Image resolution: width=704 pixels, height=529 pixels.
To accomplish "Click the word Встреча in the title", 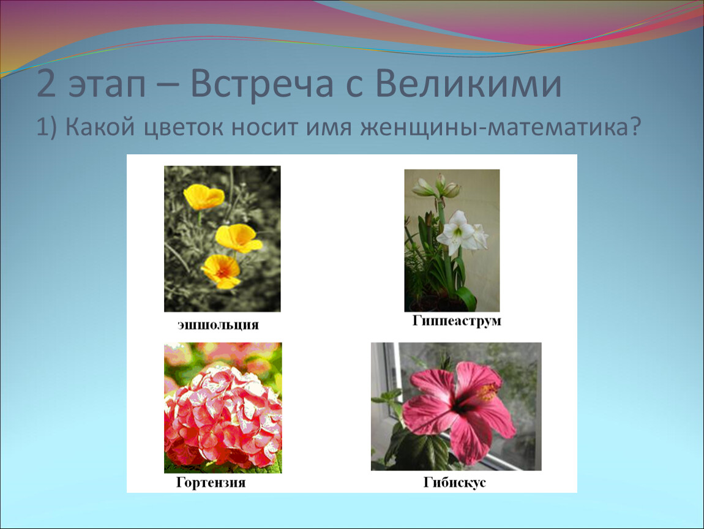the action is point(261,83).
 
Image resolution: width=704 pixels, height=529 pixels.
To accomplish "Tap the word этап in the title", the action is point(107,87).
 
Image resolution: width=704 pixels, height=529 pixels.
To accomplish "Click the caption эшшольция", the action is point(218,325).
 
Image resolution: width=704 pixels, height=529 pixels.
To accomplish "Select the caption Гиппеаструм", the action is point(457,321).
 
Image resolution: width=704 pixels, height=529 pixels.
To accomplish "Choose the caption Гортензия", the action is point(211,482).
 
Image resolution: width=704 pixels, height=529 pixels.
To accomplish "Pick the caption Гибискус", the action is point(454,482).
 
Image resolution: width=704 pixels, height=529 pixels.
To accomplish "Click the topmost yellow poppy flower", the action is point(203,197).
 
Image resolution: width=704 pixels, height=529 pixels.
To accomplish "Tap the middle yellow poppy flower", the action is point(238,238).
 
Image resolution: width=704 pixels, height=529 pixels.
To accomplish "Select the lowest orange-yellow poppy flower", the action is point(222,271).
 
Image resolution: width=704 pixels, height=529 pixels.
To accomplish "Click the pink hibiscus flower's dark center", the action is point(460,407).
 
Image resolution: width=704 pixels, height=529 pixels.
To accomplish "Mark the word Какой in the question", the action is point(100,128).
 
